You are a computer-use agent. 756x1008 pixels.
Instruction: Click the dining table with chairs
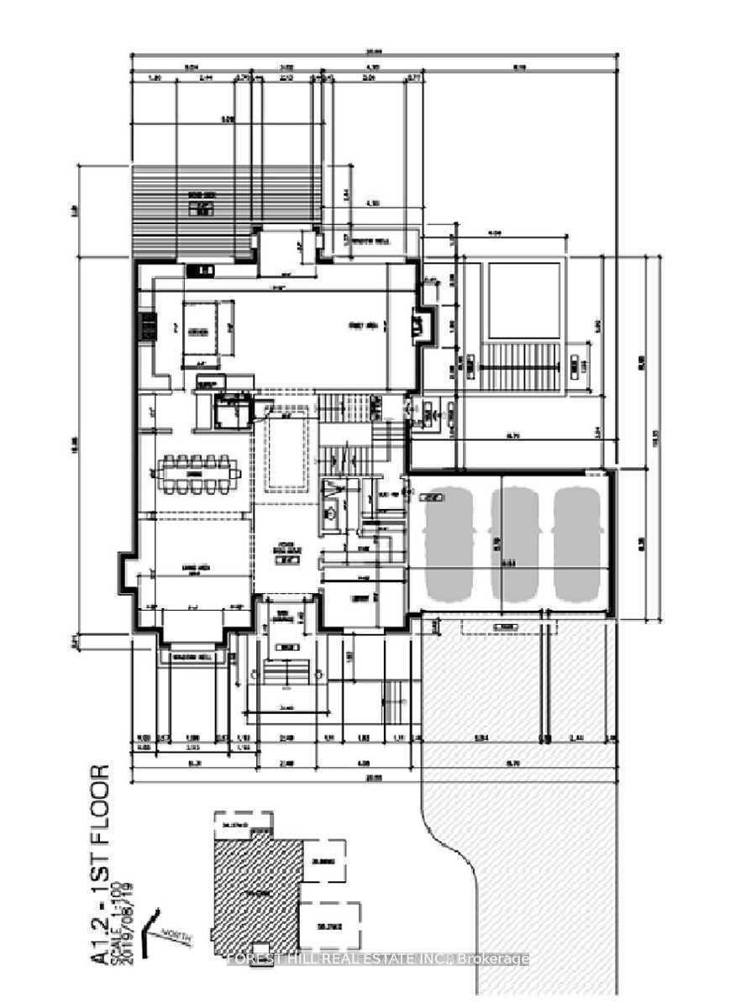(x=196, y=475)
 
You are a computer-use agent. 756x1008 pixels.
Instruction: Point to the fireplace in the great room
(x=421, y=325)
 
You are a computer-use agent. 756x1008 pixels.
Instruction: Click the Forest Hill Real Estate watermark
(x=378, y=959)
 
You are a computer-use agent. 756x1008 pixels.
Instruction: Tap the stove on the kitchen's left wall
(x=147, y=326)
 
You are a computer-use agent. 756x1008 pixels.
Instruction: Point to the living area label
(x=195, y=570)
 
